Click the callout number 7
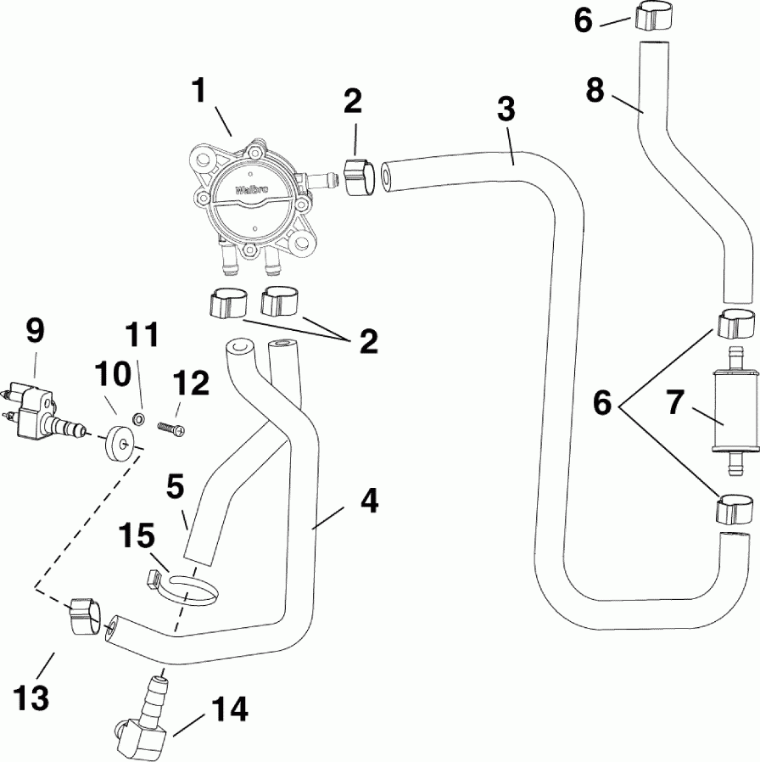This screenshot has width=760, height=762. (675, 404)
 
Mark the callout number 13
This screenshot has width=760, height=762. (31, 700)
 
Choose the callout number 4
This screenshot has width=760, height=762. (368, 501)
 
